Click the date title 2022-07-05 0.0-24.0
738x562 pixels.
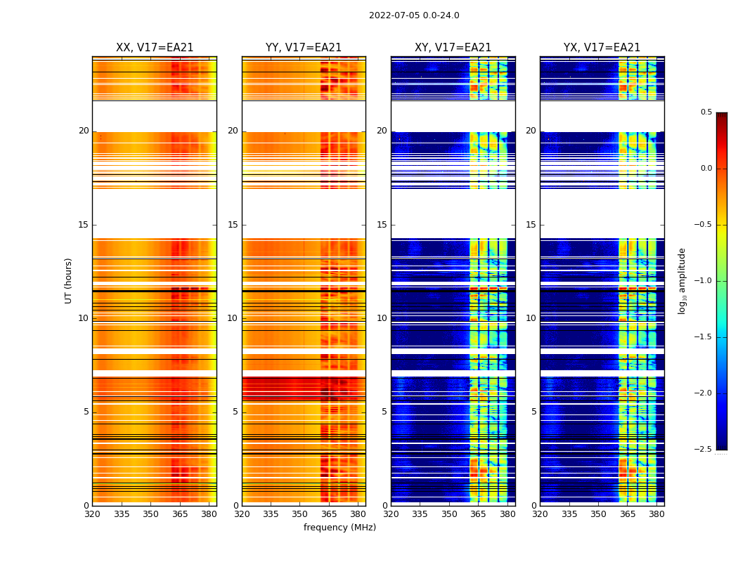pyautogui.click(x=414, y=15)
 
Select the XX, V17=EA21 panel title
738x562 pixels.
pyautogui.click(x=155, y=48)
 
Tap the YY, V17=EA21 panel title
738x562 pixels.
pyautogui.click(x=304, y=48)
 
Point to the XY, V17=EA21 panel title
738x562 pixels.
pyautogui.click(x=453, y=48)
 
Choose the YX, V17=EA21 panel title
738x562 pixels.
pyautogui.click(x=602, y=48)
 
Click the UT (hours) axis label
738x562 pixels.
pyautogui.click(x=69, y=280)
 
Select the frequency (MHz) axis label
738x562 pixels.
pyautogui.click(x=339, y=528)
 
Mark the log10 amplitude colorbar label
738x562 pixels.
pyautogui.click(x=682, y=280)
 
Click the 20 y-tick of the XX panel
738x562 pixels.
pyautogui.click(x=84, y=131)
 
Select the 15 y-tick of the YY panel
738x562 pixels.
pyautogui.click(x=233, y=225)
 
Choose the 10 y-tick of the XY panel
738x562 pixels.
pyautogui.click(x=382, y=318)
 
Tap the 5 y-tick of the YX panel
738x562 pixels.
pyautogui.click(x=533, y=412)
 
